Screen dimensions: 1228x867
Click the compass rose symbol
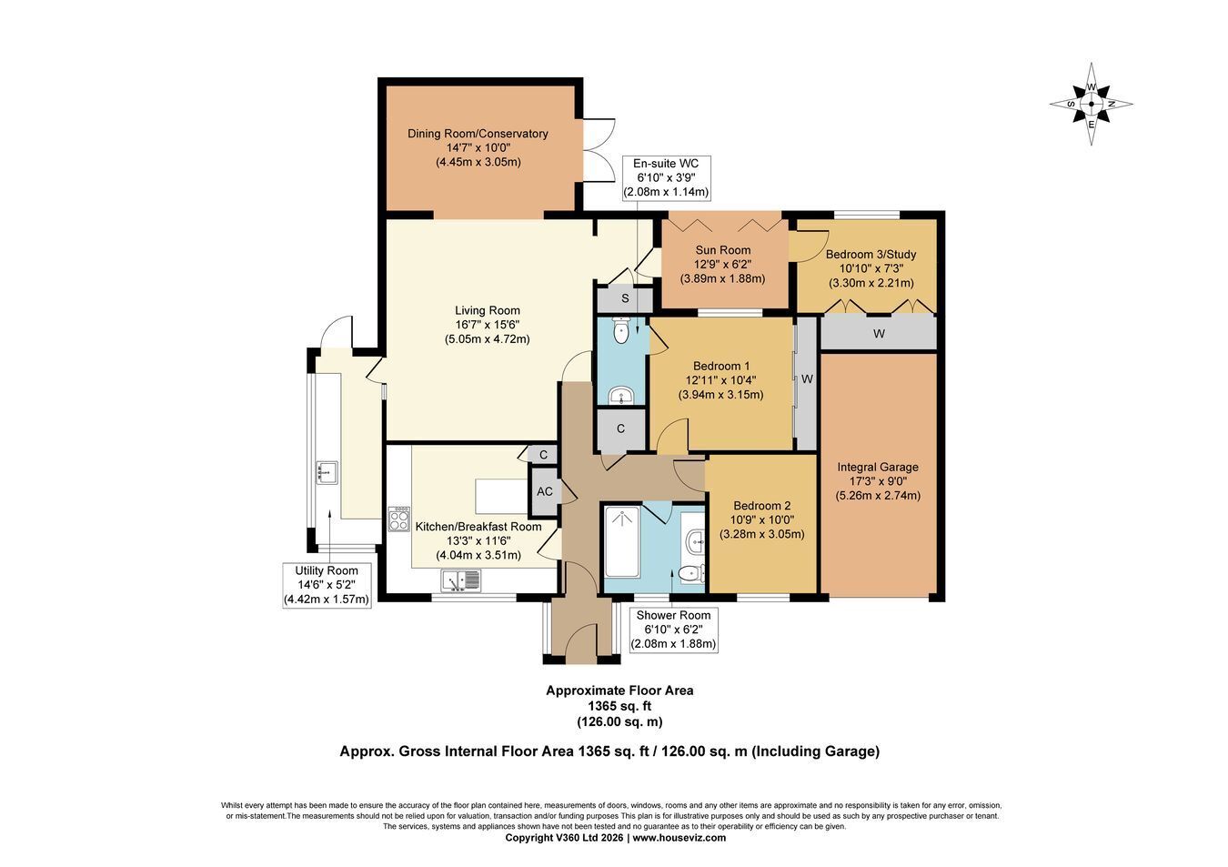coord(1091,105)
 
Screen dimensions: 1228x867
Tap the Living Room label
coord(488,310)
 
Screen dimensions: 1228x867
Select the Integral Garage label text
coord(878,468)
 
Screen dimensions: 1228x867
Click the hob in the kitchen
coord(398,519)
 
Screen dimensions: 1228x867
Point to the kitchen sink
coord(461,580)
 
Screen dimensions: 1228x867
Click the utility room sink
coord(327,472)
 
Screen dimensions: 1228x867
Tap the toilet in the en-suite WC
coord(620,331)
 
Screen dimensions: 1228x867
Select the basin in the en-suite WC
coord(621,396)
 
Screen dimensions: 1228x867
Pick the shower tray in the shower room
coord(622,541)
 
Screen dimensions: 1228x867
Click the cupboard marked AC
coord(544,492)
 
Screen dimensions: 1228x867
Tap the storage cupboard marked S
coord(625,299)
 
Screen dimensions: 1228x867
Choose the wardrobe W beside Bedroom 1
coord(807,384)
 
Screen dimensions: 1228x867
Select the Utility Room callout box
coord(327,585)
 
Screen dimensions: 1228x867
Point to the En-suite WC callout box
coord(666,177)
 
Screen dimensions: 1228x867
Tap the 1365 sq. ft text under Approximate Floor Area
coord(619,706)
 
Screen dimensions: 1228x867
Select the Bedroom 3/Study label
coord(871,255)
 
